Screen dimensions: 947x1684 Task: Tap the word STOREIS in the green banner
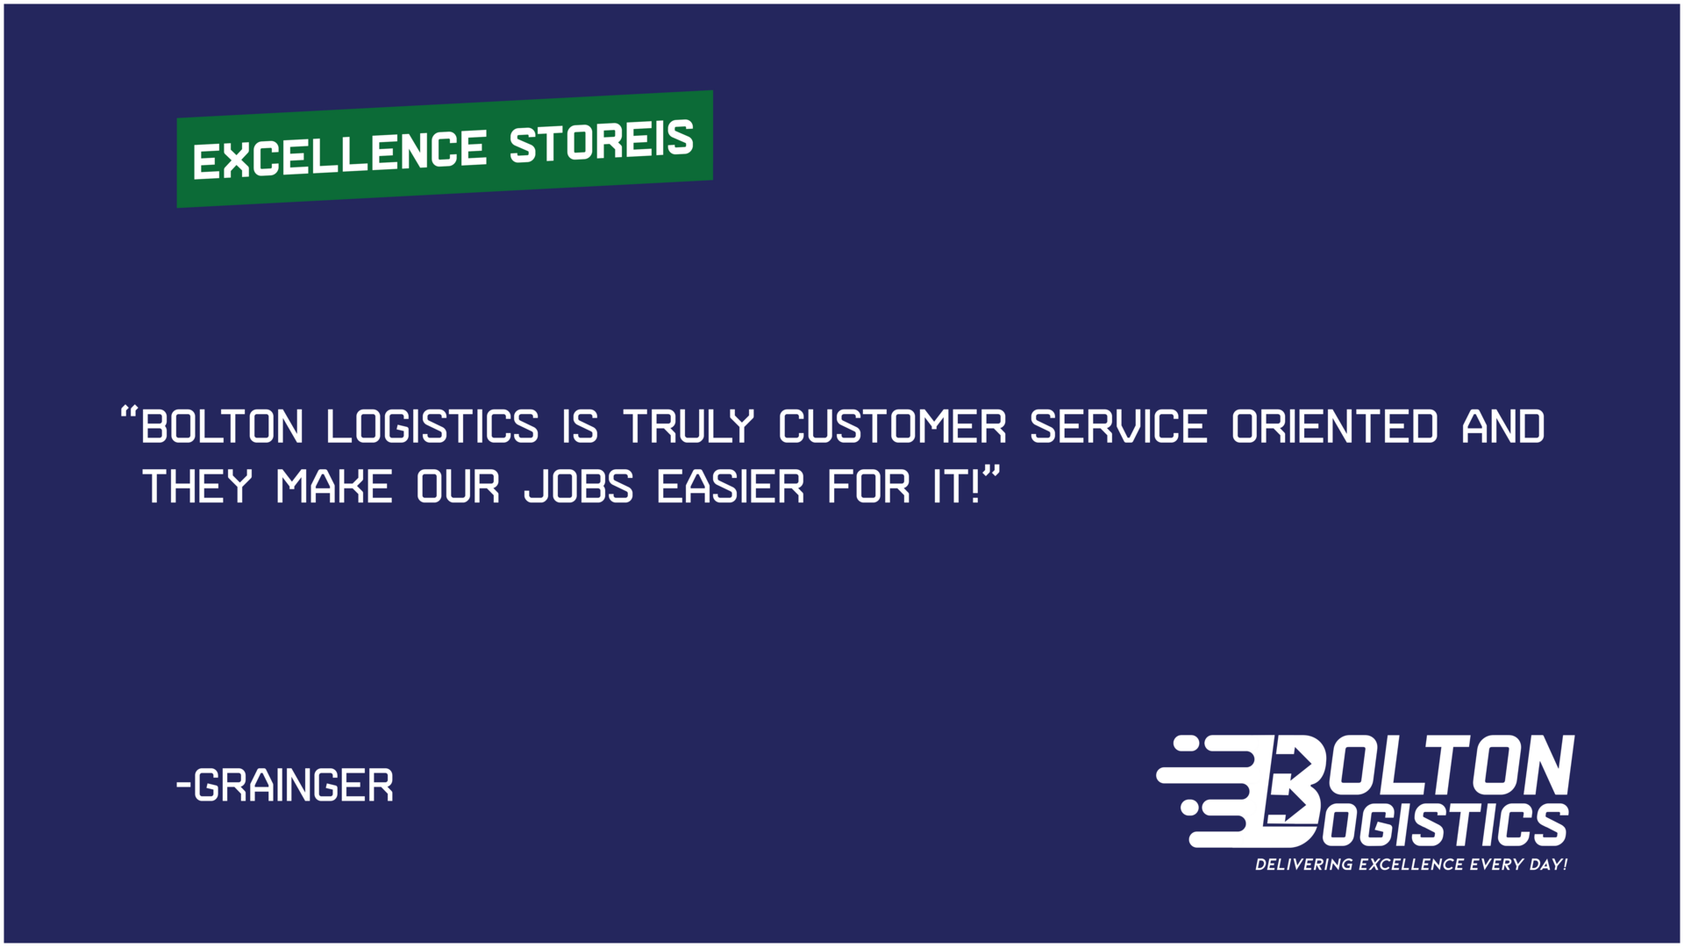click(602, 141)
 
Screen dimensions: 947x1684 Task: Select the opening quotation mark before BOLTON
click(129, 413)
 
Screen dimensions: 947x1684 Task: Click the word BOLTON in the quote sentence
click(222, 428)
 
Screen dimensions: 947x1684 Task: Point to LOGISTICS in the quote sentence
click(432, 428)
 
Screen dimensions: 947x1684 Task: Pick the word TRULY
click(689, 428)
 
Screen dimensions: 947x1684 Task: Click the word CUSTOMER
click(893, 428)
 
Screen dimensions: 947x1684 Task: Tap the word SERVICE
click(1118, 428)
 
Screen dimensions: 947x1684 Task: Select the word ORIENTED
click(1335, 428)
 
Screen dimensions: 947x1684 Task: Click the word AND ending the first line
click(1503, 428)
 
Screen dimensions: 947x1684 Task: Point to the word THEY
click(197, 488)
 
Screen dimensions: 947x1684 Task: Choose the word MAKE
click(334, 488)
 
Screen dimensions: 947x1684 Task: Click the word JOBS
click(579, 488)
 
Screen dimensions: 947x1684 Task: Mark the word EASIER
click(731, 488)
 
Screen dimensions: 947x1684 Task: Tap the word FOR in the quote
click(869, 488)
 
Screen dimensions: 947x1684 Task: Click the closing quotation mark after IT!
click(991, 473)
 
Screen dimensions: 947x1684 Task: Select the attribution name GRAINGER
click(293, 786)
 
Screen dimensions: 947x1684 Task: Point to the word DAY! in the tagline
click(1548, 865)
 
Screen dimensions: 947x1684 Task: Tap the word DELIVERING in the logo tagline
click(1303, 865)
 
